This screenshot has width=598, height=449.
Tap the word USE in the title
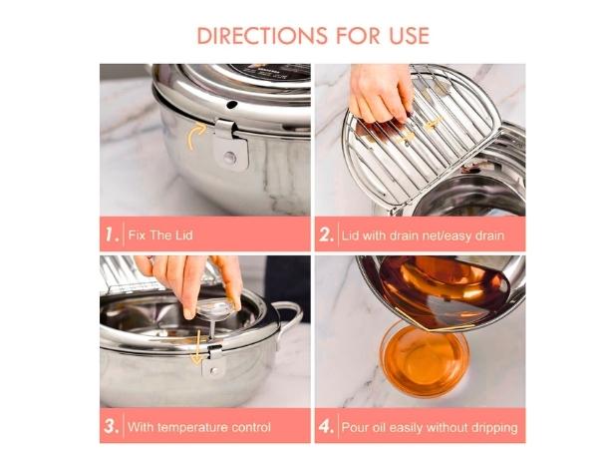pos(404,35)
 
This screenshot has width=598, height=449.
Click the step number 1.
pos(112,236)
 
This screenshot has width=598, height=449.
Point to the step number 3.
pos(112,427)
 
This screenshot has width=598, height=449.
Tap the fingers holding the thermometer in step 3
pos(189,284)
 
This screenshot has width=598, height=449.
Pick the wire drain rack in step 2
pos(399,150)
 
